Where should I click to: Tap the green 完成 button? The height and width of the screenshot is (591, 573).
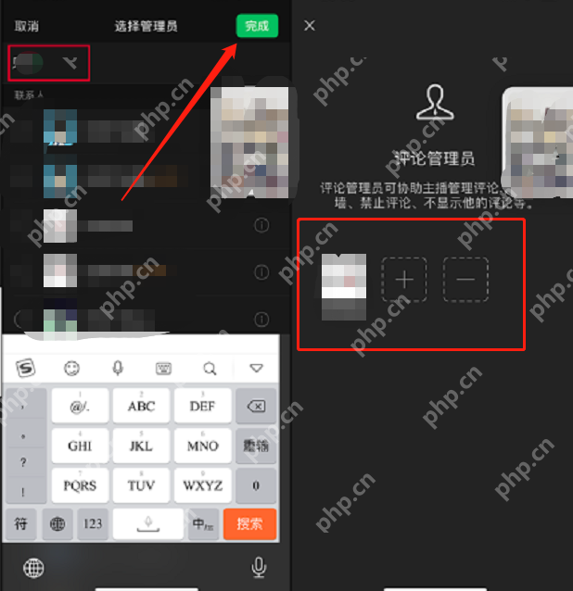pyautogui.click(x=257, y=26)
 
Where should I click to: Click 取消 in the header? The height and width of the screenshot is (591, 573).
pyautogui.click(x=27, y=26)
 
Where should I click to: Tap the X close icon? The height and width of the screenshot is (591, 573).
pyautogui.click(x=310, y=26)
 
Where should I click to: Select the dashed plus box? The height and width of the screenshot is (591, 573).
pyautogui.click(x=411, y=278)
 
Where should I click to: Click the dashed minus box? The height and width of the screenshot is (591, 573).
pyautogui.click(x=465, y=278)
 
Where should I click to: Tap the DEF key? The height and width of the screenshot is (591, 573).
pyautogui.click(x=202, y=406)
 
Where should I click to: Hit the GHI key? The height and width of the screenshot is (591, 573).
pyautogui.click(x=80, y=446)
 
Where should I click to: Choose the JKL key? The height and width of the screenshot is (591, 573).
pyautogui.click(x=141, y=446)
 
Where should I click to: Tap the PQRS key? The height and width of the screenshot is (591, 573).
pyautogui.click(x=80, y=485)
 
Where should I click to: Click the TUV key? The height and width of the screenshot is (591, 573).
pyautogui.click(x=141, y=485)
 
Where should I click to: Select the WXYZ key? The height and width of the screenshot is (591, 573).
pyautogui.click(x=202, y=485)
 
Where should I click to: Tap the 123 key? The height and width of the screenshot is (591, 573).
pyautogui.click(x=93, y=523)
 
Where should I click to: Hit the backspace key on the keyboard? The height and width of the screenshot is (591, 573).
pyautogui.click(x=256, y=406)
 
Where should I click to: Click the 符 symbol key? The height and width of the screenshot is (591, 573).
pyautogui.click(x=21, y=523)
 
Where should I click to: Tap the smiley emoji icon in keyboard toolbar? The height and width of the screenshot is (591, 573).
pyautogui.click(x=71, y=368)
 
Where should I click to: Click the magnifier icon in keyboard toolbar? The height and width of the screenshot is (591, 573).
pyautogui.click(x=210, y=368)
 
